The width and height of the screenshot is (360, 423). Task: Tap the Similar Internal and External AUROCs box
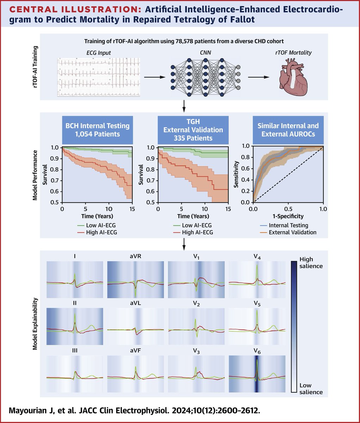288,129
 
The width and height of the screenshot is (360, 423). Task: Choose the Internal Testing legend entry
288,225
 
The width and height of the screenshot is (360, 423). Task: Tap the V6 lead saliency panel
257,374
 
